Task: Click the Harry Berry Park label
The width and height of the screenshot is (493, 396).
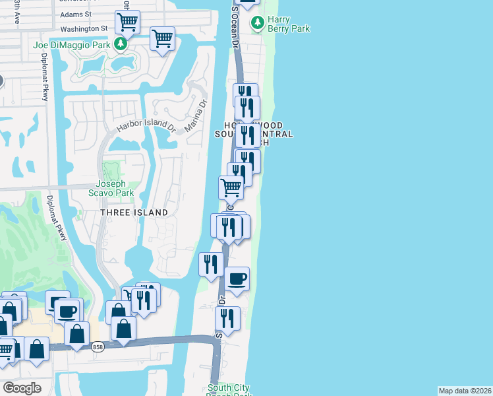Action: [x=288, y=24]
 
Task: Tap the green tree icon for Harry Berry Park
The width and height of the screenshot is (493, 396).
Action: [x=257, y=24]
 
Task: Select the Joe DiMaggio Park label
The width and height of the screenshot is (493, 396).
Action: [x=72, y=45]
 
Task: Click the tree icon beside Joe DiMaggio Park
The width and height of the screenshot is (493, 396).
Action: [x=120, y=45]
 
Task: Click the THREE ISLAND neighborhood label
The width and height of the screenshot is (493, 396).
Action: [x=134, y=213]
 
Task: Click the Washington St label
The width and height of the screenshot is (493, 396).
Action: [x=84, y=29]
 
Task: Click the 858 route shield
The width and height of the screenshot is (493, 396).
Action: [x=97, y=348]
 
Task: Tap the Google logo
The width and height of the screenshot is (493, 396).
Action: [x=22, y=388]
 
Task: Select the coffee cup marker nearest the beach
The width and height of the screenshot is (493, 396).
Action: [x=237, y=279]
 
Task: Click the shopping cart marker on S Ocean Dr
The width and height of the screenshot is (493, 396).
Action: [x=231, y=187]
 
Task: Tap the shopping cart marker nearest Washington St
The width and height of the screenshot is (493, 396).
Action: [x=127, y=22]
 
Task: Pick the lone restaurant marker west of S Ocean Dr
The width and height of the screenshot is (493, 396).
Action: [x=211, y=265]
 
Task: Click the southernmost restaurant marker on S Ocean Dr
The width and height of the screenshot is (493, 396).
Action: [x=227, y=319]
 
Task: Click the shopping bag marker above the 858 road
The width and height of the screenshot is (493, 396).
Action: [x=123, y=327]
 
